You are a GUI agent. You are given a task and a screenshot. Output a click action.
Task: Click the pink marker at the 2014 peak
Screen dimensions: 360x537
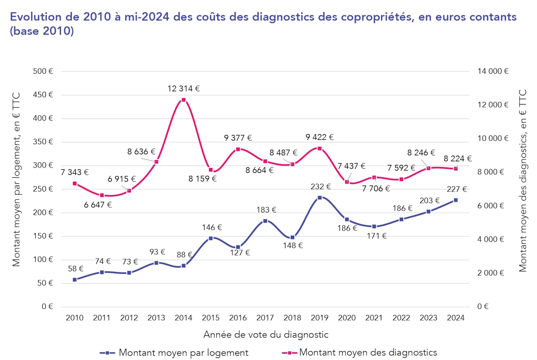pos(184,100)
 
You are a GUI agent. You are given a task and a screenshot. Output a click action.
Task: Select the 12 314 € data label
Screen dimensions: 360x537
pos(184,88)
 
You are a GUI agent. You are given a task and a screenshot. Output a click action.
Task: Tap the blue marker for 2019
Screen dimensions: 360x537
pos(320,197)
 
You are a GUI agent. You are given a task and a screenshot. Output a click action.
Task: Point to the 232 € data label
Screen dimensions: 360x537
pos(320,187)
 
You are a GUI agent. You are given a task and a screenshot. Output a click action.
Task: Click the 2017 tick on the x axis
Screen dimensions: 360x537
pos(265,318)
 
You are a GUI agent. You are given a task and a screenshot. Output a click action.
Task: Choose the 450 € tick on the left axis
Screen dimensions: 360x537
pos(43,95)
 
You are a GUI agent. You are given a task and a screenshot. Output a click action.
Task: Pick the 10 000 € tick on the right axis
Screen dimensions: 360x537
pos(493,138)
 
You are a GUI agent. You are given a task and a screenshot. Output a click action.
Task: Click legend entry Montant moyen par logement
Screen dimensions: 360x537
pos(183,353)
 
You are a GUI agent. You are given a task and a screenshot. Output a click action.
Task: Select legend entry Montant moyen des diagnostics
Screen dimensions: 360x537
pos(368,352)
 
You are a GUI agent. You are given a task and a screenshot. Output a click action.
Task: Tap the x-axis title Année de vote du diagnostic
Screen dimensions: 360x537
pos(266,335)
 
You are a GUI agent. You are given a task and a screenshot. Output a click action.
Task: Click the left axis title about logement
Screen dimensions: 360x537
pos(16,179)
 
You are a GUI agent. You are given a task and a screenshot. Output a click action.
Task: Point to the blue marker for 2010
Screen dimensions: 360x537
pos(75,280)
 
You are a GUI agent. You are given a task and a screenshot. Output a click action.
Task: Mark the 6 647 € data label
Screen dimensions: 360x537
pos(98,205)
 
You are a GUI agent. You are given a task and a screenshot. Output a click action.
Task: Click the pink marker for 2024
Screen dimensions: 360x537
pos(456,169)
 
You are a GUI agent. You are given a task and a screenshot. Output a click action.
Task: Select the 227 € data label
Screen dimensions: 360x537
pos(456,189)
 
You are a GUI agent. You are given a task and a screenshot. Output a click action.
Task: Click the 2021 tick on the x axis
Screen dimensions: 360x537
pos(374,318)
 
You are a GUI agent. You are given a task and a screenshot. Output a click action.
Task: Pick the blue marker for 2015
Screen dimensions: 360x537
pos(211,238)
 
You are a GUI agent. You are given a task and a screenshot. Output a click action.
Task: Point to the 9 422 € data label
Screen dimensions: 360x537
pos(319,137)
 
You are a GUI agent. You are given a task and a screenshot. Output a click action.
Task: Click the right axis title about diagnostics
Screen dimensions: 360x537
pos(523,181)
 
